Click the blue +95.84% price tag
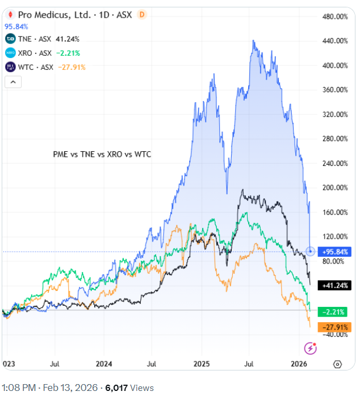(336, 251)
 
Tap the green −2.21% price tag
(336, 311)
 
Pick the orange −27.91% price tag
(336, 327)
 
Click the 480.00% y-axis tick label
(334, 16)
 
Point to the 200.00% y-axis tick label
(334, 188)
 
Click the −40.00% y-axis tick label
(334, 334)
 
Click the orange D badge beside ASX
(142, 14)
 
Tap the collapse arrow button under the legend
(13, 82)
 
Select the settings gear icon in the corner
(337, 364)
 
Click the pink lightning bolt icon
(311, 348)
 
